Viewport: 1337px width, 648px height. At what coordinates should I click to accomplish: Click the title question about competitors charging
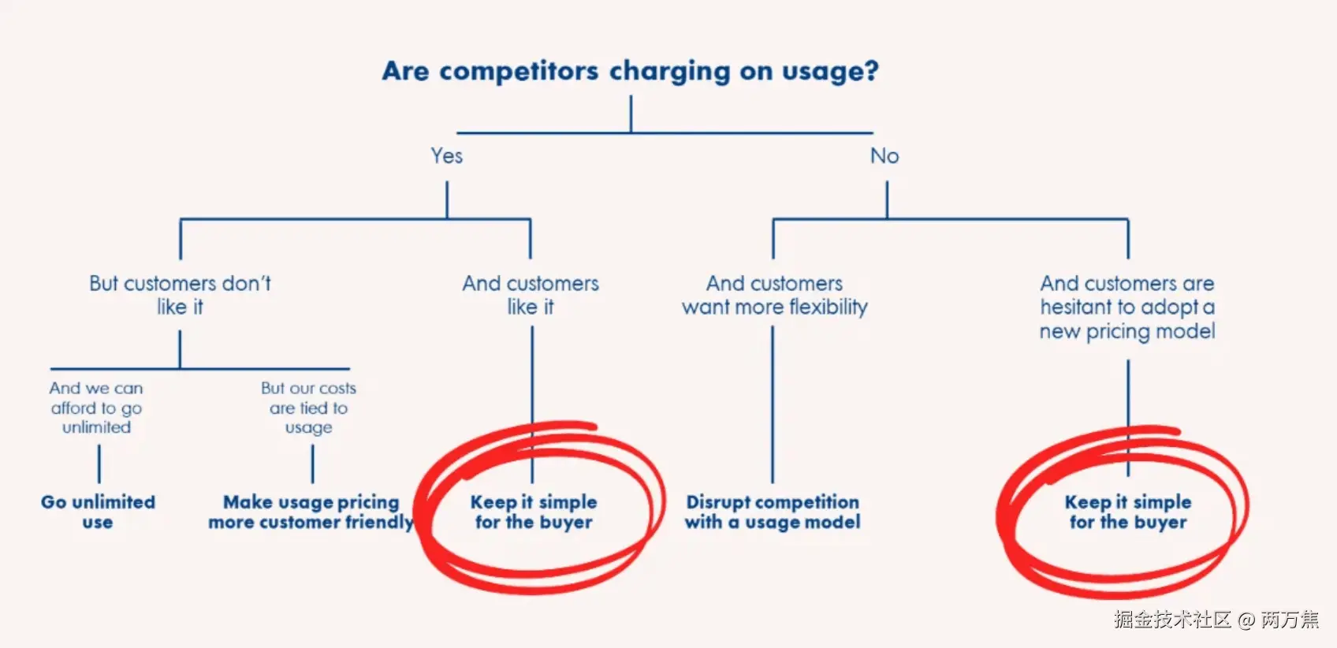click(630, 71)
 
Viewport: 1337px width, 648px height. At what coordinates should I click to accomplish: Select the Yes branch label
click(446, 156)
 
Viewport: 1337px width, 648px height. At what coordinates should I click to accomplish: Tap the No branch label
click(885, 156)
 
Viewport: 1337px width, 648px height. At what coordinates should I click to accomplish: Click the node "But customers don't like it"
click(180, 295)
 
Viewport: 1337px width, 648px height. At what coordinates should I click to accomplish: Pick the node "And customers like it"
click(531, 295)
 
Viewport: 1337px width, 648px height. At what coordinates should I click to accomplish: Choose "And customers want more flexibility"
click(774, 295)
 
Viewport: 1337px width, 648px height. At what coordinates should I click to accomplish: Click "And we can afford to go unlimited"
click(96, 408)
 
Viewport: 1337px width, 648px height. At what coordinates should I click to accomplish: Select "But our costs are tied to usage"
click(308, 408)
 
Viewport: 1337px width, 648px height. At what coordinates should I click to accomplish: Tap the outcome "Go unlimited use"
click(98, 512)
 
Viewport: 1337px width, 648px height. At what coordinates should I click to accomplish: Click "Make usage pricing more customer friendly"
click(311, 512)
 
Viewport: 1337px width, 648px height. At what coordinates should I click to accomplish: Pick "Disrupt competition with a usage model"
click(773, 512)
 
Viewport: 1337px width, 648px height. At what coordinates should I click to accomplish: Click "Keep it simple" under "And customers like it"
click(534, 512)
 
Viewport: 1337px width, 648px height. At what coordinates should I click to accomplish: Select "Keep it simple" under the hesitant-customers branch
click(1127, 512)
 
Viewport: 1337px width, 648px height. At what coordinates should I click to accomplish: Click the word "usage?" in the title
click(830, 72)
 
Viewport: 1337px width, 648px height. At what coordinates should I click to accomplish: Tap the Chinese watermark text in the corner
click(1216, 620)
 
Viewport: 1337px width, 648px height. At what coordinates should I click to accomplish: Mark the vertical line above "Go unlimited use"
click(99, 464)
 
